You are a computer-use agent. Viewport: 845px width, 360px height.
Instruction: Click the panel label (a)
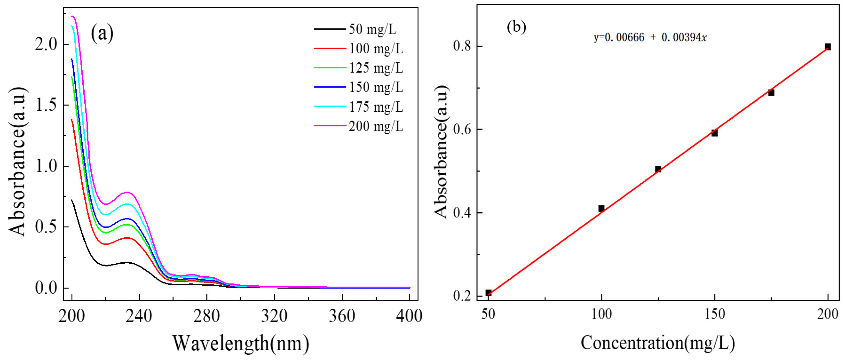coord(102,33)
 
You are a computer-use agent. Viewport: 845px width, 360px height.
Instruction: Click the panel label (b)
coord(516,27)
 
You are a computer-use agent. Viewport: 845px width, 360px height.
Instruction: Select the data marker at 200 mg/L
coord(828,47)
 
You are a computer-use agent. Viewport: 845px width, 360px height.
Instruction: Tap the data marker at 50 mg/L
coord(488,293)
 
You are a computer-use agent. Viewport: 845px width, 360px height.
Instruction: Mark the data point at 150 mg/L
coord(715,133)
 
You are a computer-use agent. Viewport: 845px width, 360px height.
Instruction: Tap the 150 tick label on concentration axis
coord(715,314)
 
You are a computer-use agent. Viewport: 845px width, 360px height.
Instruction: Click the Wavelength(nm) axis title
coord(241,343)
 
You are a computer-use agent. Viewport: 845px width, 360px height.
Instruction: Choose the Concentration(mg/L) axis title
coord(658,343)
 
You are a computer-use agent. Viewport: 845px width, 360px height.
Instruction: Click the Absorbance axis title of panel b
coord(441,152)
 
